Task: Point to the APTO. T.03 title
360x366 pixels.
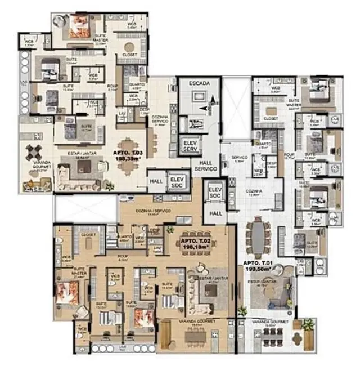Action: [x=129, y=153]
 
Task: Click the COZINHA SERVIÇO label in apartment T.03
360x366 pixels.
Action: [x=160, y=120]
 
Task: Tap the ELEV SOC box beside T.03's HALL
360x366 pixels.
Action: [x=177, y=178]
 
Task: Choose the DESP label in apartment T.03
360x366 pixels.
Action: [x=144, y=110]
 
